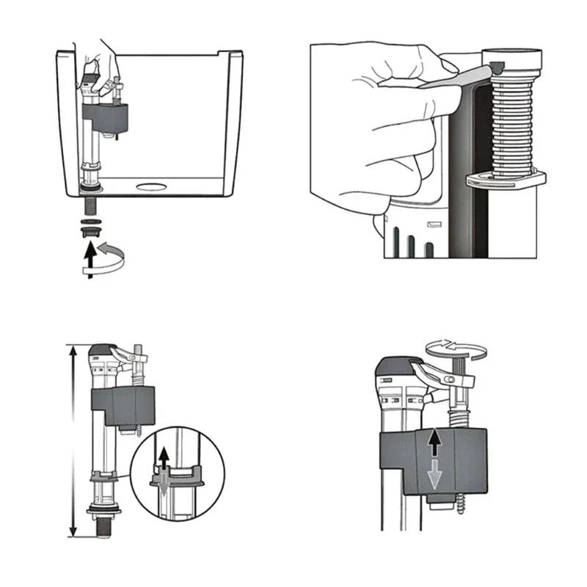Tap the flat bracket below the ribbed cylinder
click(506, 178)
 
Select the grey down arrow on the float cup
click(434, 475)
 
